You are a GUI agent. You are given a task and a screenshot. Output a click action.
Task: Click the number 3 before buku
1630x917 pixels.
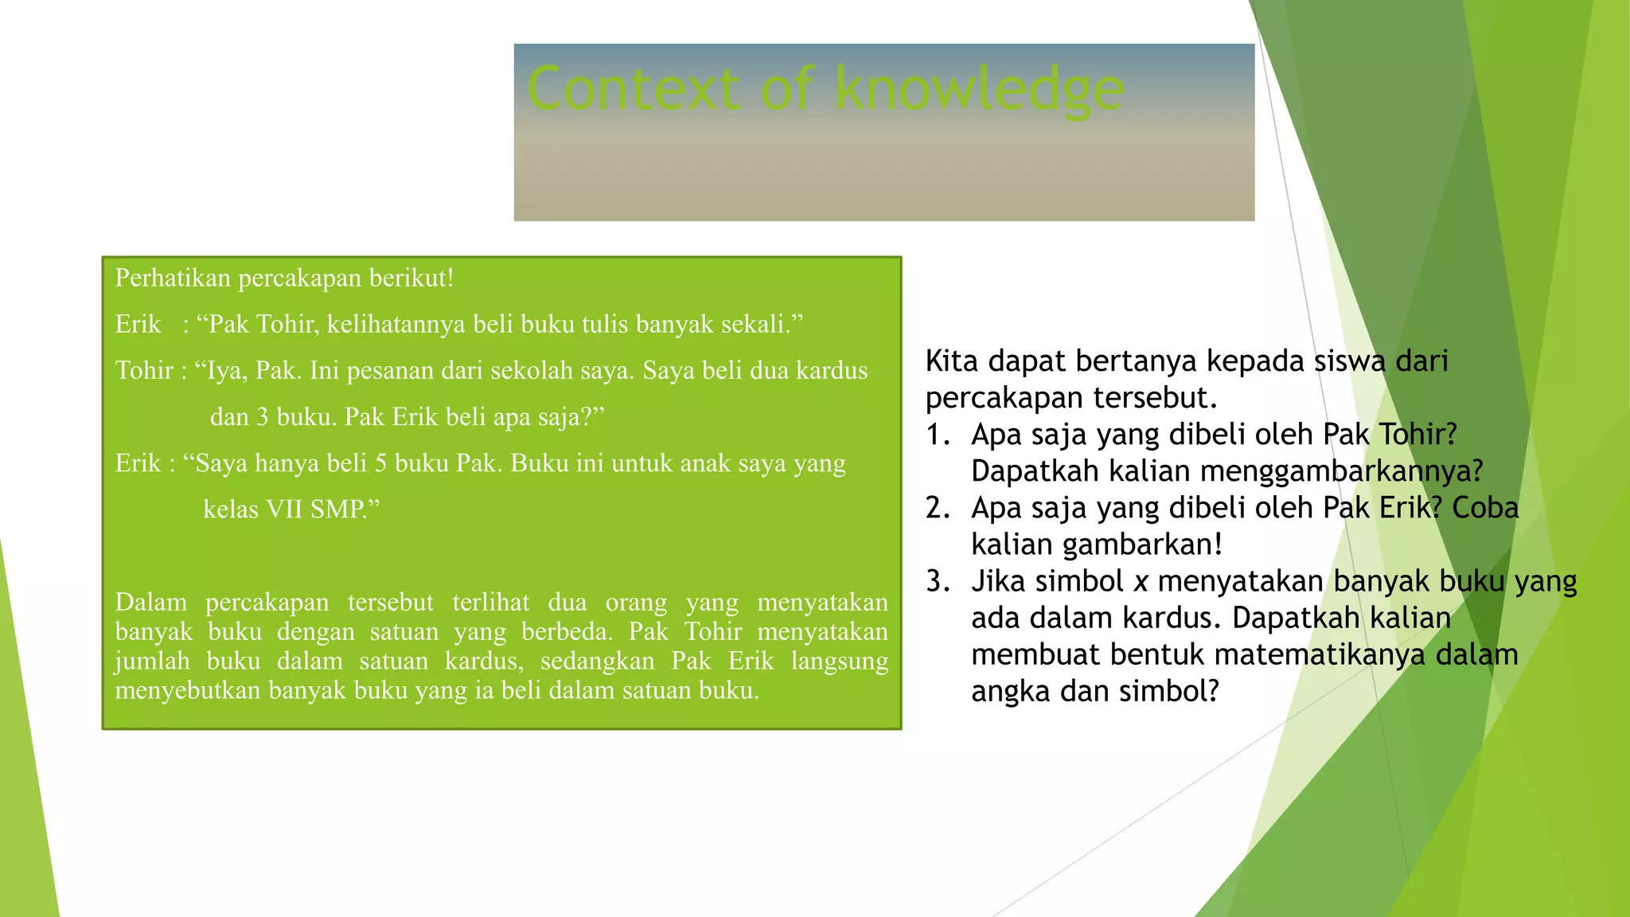click(x=263, y=417)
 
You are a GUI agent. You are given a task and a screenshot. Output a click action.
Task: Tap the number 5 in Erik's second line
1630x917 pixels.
click(x=380, y=463)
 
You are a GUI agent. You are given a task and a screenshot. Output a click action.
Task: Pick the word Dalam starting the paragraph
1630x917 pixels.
click(x=150, y=603)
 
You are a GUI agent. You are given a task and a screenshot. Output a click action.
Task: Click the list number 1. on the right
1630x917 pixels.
click(x=938, y=435)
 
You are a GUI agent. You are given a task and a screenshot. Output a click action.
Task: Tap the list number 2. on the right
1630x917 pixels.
click(x=938, y=508)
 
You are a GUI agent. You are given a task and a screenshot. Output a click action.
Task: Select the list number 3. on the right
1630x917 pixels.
click(x=938, y=581)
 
